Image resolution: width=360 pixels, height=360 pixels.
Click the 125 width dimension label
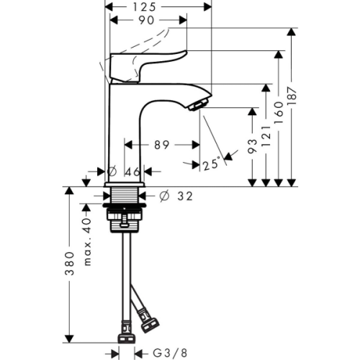[x=145, y=7]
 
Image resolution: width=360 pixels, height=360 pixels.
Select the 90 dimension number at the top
[x=146, y=20]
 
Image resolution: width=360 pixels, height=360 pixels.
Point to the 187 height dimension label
[x=292, y=96]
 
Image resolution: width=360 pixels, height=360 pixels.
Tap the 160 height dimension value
[x=279, y=112]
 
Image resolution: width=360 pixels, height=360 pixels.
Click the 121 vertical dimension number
[x=266, y=136]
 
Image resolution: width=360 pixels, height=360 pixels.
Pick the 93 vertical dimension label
[x=253, y=145]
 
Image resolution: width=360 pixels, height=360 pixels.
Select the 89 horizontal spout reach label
[x=162, y=145]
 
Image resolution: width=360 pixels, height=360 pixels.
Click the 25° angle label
[x=212, y=164]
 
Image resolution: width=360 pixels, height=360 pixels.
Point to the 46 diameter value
[x=133, y=172]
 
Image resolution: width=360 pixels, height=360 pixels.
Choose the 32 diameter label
[x=185, y=197]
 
